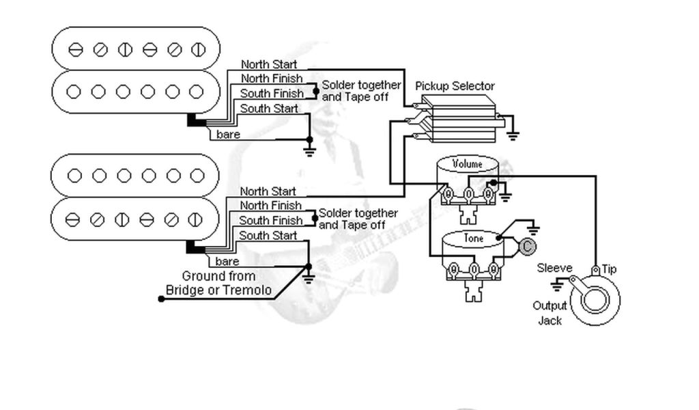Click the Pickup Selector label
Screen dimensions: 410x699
coord(455,86)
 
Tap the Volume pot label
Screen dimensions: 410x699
coord(467,164)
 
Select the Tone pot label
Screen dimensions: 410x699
coord(473,238)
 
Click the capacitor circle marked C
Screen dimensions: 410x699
coord(527,247)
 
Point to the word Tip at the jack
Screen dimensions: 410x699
coord(609,269)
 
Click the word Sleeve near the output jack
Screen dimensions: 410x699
coord(554,268)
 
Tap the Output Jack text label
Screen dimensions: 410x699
coord(550,312)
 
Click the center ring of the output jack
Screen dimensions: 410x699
coord(595,299)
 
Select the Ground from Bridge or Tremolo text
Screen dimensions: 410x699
coord(218,284)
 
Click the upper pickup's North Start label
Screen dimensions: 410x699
coord(268,64)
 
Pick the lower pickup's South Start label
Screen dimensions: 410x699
coord(268,236)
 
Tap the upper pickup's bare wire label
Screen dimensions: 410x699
coord(228,135)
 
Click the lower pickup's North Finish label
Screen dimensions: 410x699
coord(270,206)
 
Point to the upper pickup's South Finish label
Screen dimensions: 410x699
coord(272,94)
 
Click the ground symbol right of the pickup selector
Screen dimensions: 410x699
coord(512,135)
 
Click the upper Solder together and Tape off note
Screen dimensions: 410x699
coord(361,91)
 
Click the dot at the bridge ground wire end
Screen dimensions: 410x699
coord(161,299)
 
